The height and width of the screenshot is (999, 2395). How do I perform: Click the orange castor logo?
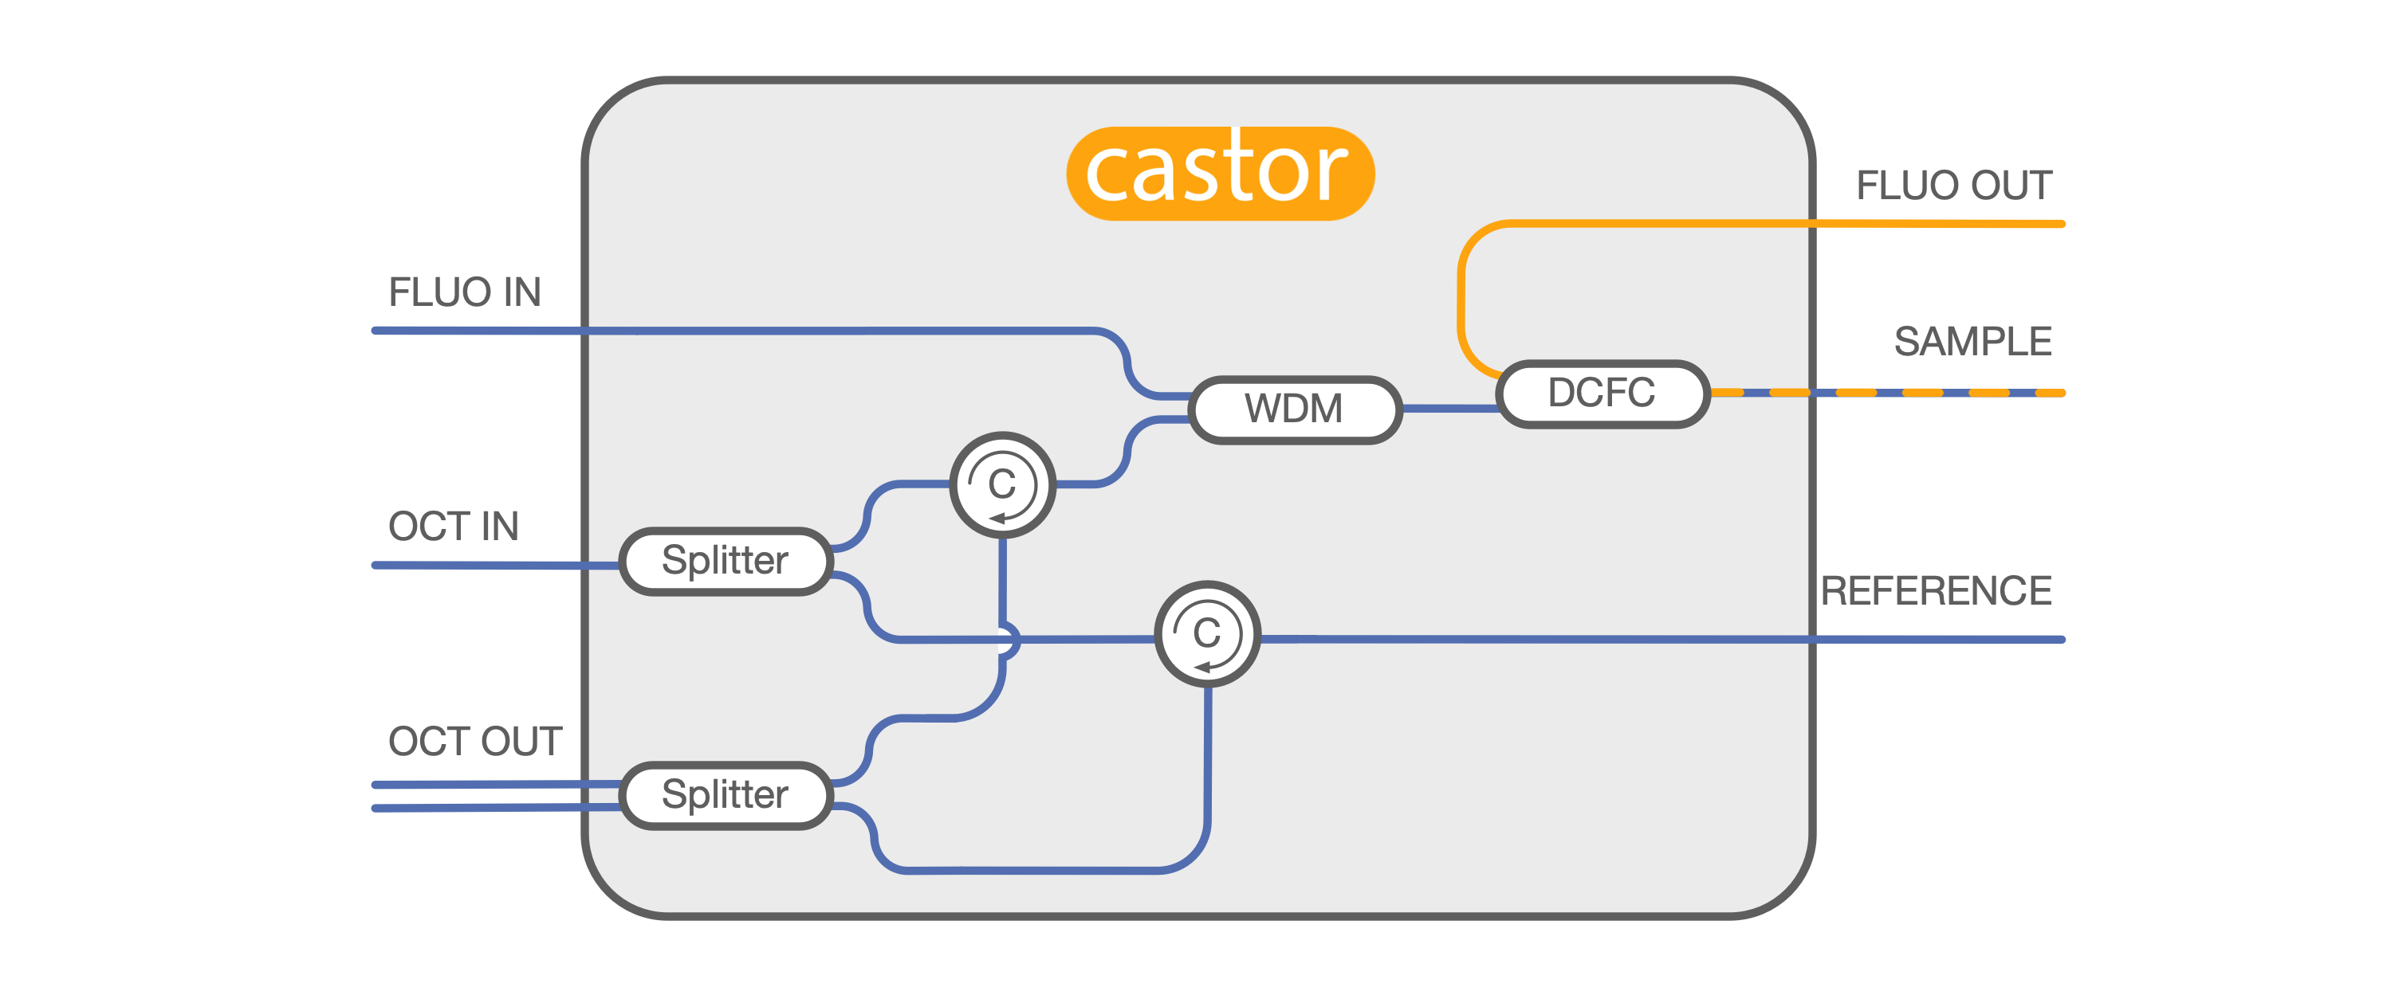[1220, 174]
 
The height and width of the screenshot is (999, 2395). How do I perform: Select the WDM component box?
[1295, 409]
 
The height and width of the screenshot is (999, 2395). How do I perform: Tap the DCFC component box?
[1603, 393]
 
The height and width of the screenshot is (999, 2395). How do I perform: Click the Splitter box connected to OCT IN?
[726, 562]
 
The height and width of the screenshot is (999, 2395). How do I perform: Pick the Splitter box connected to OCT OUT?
[726, 796]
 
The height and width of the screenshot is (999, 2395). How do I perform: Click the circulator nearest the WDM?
[1002, 484]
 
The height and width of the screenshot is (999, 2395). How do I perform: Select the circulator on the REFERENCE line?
[1207, 634]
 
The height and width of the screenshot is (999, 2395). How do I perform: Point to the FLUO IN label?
[465, 292]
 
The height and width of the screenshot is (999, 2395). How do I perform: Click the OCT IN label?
[454, 527]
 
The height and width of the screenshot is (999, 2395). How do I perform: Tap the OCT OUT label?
[475, 742]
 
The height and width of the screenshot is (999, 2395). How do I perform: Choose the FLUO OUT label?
[1953, 186]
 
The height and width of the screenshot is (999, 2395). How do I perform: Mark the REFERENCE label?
[1936, 591]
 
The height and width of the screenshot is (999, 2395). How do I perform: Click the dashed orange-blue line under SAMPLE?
[1887, 393]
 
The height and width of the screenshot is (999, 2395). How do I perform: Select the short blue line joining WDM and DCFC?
[1449, 408]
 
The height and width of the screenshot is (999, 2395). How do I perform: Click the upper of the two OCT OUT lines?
[497, 785]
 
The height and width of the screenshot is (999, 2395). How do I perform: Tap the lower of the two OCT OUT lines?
[497, 809]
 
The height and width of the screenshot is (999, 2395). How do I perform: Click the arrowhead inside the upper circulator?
[997, 518]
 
